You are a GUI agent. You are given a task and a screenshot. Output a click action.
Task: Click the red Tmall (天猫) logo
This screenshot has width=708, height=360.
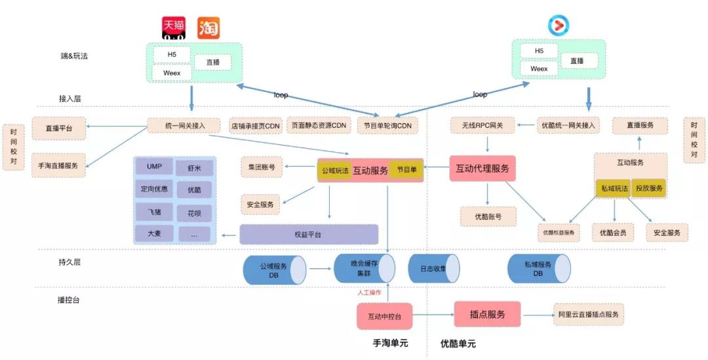[174, 28]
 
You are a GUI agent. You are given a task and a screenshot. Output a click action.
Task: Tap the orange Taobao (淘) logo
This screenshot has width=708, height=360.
[208, 28]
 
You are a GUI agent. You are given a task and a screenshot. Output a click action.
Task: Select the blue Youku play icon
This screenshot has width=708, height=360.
[559, 26]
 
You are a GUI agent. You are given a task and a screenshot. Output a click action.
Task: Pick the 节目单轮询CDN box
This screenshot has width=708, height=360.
[387, 126]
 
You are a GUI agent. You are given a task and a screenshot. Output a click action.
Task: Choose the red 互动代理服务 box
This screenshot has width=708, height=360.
[482, 169]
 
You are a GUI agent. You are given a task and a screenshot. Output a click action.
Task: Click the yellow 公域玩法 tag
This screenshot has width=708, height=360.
[334, 170]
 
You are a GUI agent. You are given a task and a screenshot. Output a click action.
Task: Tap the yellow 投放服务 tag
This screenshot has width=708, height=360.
[649, 188]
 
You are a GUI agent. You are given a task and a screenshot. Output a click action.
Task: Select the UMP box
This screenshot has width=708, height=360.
[154, 167]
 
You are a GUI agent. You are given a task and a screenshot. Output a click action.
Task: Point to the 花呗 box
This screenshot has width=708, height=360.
[194, 213]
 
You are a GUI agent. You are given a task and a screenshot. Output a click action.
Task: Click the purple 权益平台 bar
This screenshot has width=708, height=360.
[309, 234]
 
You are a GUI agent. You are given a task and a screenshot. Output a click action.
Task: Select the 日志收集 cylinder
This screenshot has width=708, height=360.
[433, 268]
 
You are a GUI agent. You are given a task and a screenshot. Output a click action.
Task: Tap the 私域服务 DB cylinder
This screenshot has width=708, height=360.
[539, 268]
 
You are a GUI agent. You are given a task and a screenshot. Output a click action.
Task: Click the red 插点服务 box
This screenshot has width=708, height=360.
[487, 314]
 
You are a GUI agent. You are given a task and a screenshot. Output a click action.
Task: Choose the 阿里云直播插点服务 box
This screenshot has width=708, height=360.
[588, 315]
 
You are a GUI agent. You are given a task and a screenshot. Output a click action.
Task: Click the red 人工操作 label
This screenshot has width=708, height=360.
[369, 292]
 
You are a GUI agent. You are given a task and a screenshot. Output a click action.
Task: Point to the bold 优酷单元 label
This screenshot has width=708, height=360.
[458, 344]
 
